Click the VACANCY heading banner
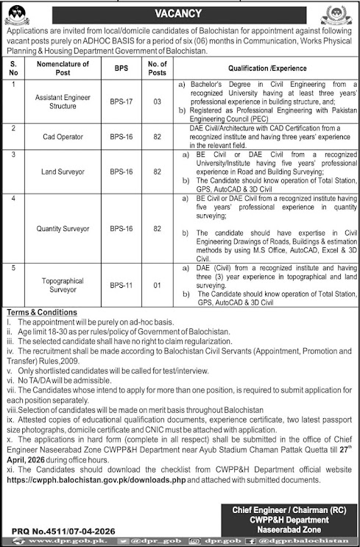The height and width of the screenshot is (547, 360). (x=180, y=12)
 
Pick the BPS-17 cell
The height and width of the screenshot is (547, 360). (x=120, y=102)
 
